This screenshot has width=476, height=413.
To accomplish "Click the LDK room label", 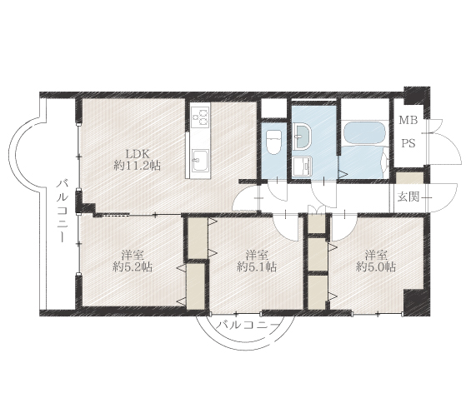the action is [x=137, y=154].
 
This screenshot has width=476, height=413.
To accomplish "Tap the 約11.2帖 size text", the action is [x=137, y=166].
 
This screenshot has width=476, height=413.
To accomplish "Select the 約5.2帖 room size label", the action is [x=133, y=266].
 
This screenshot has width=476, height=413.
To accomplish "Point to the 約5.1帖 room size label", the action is [x=257, y=266].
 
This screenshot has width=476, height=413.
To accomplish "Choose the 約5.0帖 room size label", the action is [x=376, y=266].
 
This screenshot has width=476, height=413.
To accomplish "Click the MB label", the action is [x=408, y=121].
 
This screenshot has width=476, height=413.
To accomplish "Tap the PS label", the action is [x=408, y=143].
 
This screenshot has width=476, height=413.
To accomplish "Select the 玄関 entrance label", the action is [x=408, y=197].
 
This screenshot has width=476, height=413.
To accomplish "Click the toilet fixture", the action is [x=273, y=142].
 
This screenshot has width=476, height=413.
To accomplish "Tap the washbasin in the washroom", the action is [x=302, y=137].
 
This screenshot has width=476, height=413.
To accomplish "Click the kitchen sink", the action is [x=200, y=161].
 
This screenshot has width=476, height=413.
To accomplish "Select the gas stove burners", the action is [x=200, y=117].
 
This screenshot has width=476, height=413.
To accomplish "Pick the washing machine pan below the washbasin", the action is [x=302, y=167].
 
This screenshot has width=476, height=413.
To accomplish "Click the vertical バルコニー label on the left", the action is [x=63, y=211].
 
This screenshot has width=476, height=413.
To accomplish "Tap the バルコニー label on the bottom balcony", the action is [x=248, y=326].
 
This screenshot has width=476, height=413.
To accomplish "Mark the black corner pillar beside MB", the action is [x=417, y=97].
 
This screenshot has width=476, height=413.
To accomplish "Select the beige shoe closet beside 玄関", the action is [x=410, y=178].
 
